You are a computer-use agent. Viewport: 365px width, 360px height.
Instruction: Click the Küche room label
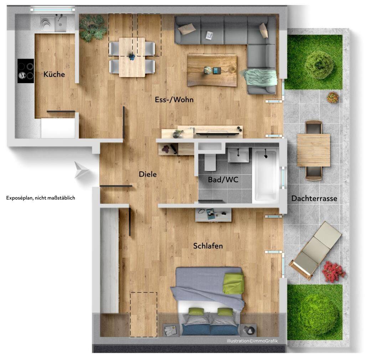click(54, 74)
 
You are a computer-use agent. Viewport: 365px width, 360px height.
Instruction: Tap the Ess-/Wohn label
click(174, 100)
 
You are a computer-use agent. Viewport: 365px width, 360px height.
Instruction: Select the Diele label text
click(148, 174)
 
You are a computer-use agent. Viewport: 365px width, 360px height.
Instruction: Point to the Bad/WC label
click(223, 180)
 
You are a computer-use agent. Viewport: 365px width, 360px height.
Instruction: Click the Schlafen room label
click(208, 246)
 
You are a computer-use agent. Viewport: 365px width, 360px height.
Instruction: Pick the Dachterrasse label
click(314, 198)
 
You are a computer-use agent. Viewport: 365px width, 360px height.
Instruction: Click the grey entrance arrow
click(81, 170)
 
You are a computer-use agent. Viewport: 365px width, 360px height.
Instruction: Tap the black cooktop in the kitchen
click(26, 71)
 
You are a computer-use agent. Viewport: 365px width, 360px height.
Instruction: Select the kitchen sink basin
click(61, 24)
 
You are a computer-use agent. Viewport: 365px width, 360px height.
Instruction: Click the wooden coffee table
click(212, 70)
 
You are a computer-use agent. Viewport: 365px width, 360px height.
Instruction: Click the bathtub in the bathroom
click(266, 176)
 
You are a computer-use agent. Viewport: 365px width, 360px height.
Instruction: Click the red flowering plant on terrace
click(333, 272)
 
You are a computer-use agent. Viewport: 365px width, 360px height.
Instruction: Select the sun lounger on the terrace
click(315, 251)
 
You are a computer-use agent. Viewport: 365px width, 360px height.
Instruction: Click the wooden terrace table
click(313, 150)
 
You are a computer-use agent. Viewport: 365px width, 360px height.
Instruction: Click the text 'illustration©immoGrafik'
click(252, 341)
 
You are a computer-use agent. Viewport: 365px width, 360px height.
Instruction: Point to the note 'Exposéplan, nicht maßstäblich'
click(41, 198)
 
